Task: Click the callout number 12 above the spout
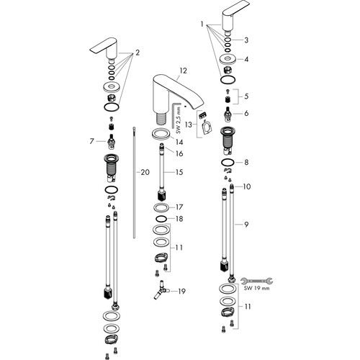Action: pos(183,71)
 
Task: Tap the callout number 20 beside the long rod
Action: pos(145,172)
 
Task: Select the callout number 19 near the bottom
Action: pos(181,291)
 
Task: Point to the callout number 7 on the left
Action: pos(91,141)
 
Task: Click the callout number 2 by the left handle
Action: pos(138,53)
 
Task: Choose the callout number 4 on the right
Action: pos(246,59)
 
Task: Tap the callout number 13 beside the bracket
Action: pos(189,125)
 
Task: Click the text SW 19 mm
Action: pos(256,288)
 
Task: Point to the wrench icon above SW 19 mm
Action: pos(256,280)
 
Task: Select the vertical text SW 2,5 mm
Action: pos(178,120)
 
